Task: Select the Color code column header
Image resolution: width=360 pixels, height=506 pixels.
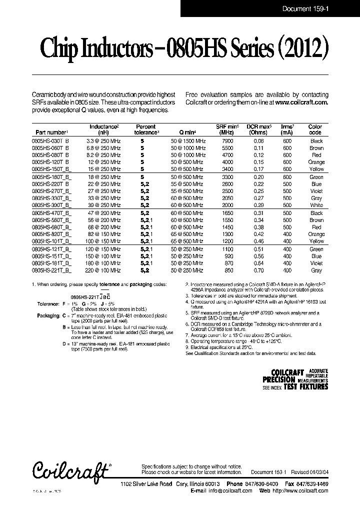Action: [315, 129]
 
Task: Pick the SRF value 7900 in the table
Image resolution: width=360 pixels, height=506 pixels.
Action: [227, 141]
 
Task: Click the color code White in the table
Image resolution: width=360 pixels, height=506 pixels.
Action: [316, 205]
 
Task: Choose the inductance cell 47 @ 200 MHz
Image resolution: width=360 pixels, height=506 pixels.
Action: [105, 213]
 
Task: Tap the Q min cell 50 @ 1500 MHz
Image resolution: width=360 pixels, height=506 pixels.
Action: [188, 141]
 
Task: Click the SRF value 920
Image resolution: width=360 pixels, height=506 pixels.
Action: [228, 256]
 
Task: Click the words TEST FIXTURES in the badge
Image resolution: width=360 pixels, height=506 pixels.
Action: [306, 386]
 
